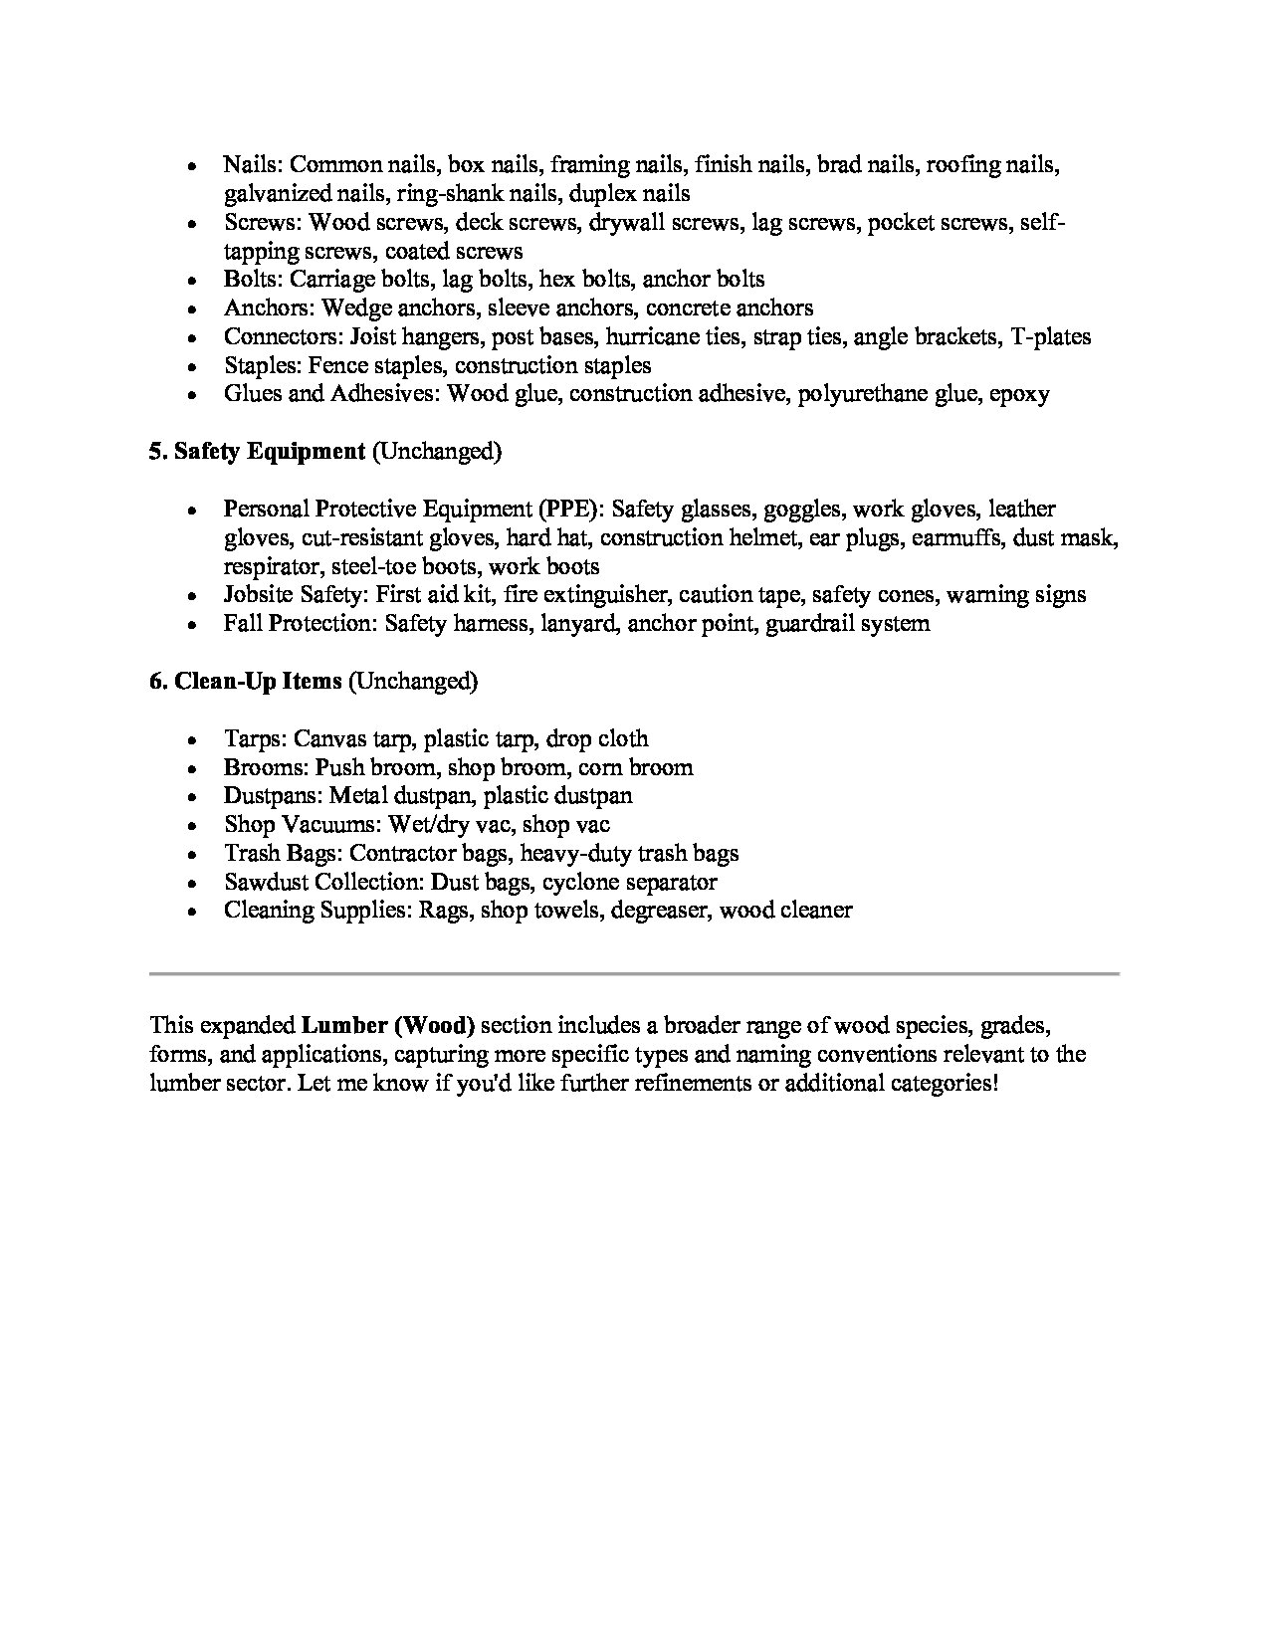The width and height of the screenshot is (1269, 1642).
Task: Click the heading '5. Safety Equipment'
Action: coord(257,452)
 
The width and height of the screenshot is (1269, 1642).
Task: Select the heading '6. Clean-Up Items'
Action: coord(246,682)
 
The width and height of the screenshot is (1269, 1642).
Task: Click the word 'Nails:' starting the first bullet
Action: coord(253,165)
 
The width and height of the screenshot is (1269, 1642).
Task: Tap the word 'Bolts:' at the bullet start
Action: coord(253,280)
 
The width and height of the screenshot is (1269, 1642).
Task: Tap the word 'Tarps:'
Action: coord(256,739)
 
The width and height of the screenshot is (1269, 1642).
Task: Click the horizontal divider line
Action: coord(634,972)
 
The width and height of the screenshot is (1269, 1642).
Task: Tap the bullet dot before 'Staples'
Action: coord(190,367)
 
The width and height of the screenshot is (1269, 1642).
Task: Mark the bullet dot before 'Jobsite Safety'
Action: coord(190,597)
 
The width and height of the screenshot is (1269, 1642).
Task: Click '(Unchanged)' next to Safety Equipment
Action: coord(436,452)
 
